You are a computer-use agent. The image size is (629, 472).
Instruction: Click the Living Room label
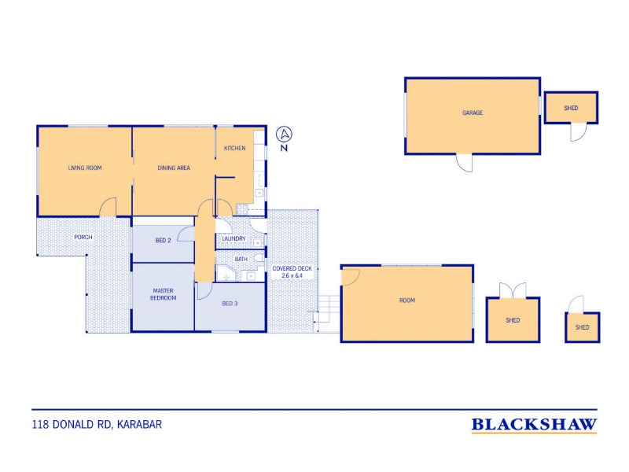pyautogui.click(x=85, y=168)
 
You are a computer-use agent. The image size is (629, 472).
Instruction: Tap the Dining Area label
pyautogui.click(x=174, y=168)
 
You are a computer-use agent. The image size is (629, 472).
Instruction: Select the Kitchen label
pyautogui.click(x=234, y=148)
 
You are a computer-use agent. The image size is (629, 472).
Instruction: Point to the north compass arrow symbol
pyautogui.click(x=285, y=134)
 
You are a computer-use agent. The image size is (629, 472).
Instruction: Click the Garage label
pyautogui.click(x=473, y=112)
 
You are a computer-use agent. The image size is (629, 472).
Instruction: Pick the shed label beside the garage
pyautogui.click(x=571, y=108)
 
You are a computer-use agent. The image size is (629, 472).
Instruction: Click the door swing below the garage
pyautogui.click(x=464, y=163)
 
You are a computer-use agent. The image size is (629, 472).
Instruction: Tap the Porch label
pyautogui.click(x=83, y=238)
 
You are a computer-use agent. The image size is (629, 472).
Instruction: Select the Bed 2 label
pyautogui.click(x=163, y=241)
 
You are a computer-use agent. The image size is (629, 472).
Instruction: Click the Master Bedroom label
pyautogui.click(x=164, y=294)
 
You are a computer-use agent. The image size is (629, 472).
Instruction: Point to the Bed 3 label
pyautogui.click(x=230, y=304)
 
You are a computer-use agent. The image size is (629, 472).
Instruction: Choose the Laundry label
pyautogui.click(x=234, y=238)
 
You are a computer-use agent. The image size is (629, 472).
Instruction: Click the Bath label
pyautogui.click(x=241, y=260)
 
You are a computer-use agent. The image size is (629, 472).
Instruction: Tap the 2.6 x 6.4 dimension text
pyautogui.click(x=292, y=276)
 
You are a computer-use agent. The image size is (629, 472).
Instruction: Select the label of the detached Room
pyautogui.click(x=407, y=301)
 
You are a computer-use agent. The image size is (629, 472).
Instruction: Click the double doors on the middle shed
pyautogui.click(x=513, y=289)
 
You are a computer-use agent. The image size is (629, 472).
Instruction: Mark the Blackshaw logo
pyautogui.click(x=534, y=425)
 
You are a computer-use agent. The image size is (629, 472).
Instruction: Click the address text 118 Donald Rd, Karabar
pyautogui.click(x=97, y=425)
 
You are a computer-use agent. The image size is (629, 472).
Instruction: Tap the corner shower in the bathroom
pyautogui.click(x=227, y=273)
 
